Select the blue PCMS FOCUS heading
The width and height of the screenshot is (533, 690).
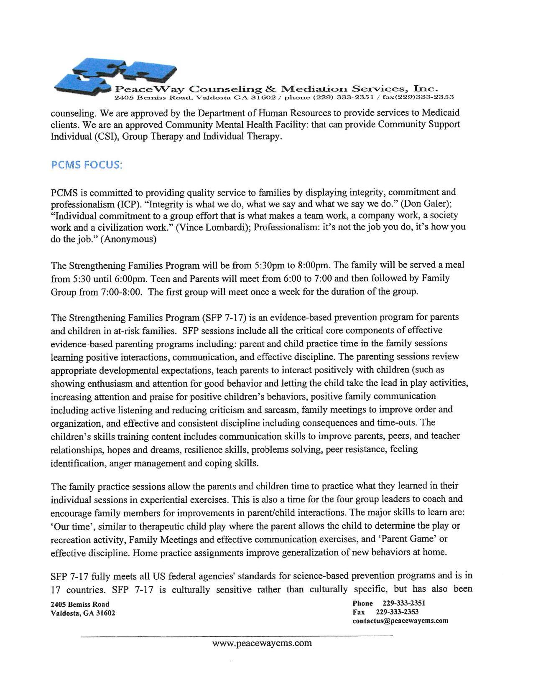pyautogui.click(x=87, y=165)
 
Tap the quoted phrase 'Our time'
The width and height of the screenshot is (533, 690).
pyautogui.click(x=68, y=526)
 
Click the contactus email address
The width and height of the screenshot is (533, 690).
pyautogui.click(x=400, y=621)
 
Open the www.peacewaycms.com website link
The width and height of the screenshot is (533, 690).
pyautogui.click(x=262, y=643)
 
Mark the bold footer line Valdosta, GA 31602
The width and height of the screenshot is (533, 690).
pyautogui.click(x=83, y=614)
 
